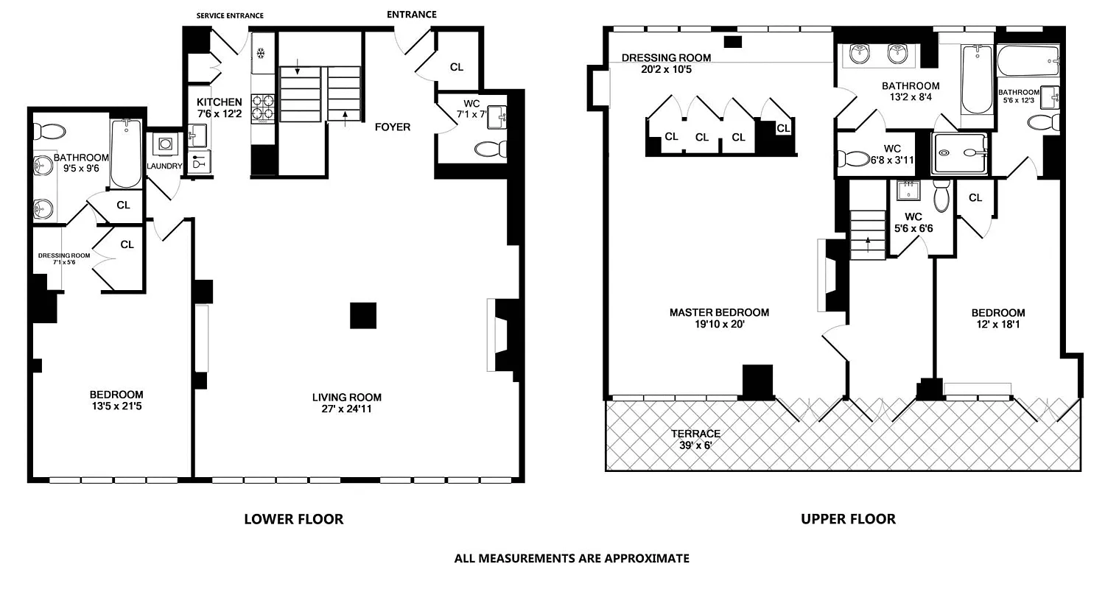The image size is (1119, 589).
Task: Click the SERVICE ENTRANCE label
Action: pos(230,15)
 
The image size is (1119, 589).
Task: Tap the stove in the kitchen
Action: pos(263,108)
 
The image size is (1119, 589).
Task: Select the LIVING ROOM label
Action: pos(347,398)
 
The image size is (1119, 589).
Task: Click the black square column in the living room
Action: pos(362,315)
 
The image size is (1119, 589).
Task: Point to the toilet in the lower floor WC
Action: pos(491,149)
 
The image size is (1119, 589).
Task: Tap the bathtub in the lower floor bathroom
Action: pos(126,152)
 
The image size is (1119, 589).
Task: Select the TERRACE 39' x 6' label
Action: pos(695,440)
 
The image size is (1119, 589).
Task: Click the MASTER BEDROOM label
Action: pos(719,312)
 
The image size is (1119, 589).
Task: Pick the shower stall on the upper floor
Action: pos(960,153)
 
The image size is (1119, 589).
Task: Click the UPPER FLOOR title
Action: pos(848,519)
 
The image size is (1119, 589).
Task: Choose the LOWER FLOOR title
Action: pos(294,519)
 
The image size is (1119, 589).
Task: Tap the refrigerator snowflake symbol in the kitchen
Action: pos(260,53)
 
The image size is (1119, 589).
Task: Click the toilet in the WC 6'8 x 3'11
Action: pos(853,159)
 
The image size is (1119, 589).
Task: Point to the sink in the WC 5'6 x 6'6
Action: pos(908,190)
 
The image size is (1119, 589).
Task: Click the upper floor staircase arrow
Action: pos(868,244)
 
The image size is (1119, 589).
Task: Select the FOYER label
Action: pos(393,127)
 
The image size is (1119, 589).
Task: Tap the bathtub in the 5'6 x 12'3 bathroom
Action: pos(1028,61)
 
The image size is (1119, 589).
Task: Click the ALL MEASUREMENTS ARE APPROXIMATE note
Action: pos(572,558)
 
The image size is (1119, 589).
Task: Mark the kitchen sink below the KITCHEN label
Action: pos(197,135)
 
